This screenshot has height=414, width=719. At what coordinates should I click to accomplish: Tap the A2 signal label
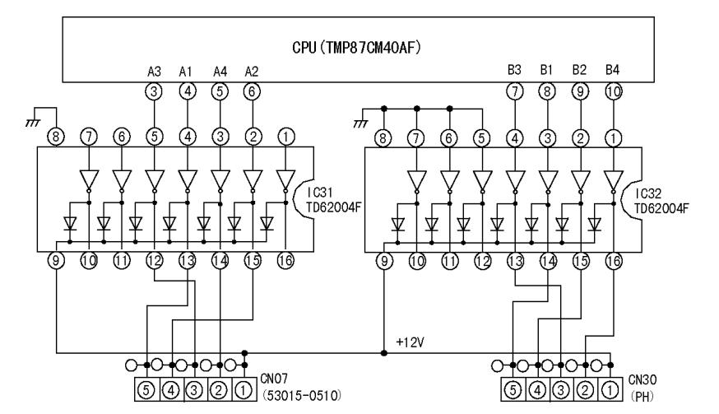click(252, 72)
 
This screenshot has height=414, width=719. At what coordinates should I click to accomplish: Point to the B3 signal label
click(515, 72)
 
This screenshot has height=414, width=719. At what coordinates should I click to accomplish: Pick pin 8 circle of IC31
click(56, 137)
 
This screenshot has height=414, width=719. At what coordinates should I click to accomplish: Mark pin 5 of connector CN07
click(146, 385)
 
